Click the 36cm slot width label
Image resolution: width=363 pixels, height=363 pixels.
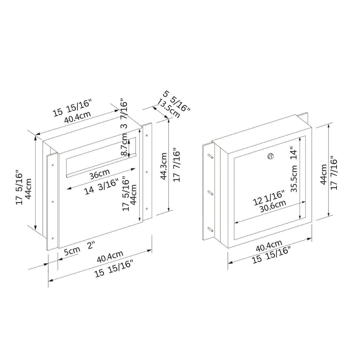click(x=99, y=174)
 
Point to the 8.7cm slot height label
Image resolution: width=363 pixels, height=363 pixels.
click(x=124, y=144)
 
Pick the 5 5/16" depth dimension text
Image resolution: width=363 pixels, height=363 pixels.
click(x=176, y=101)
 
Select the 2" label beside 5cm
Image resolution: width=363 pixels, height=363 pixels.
click(x=91, y=245)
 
